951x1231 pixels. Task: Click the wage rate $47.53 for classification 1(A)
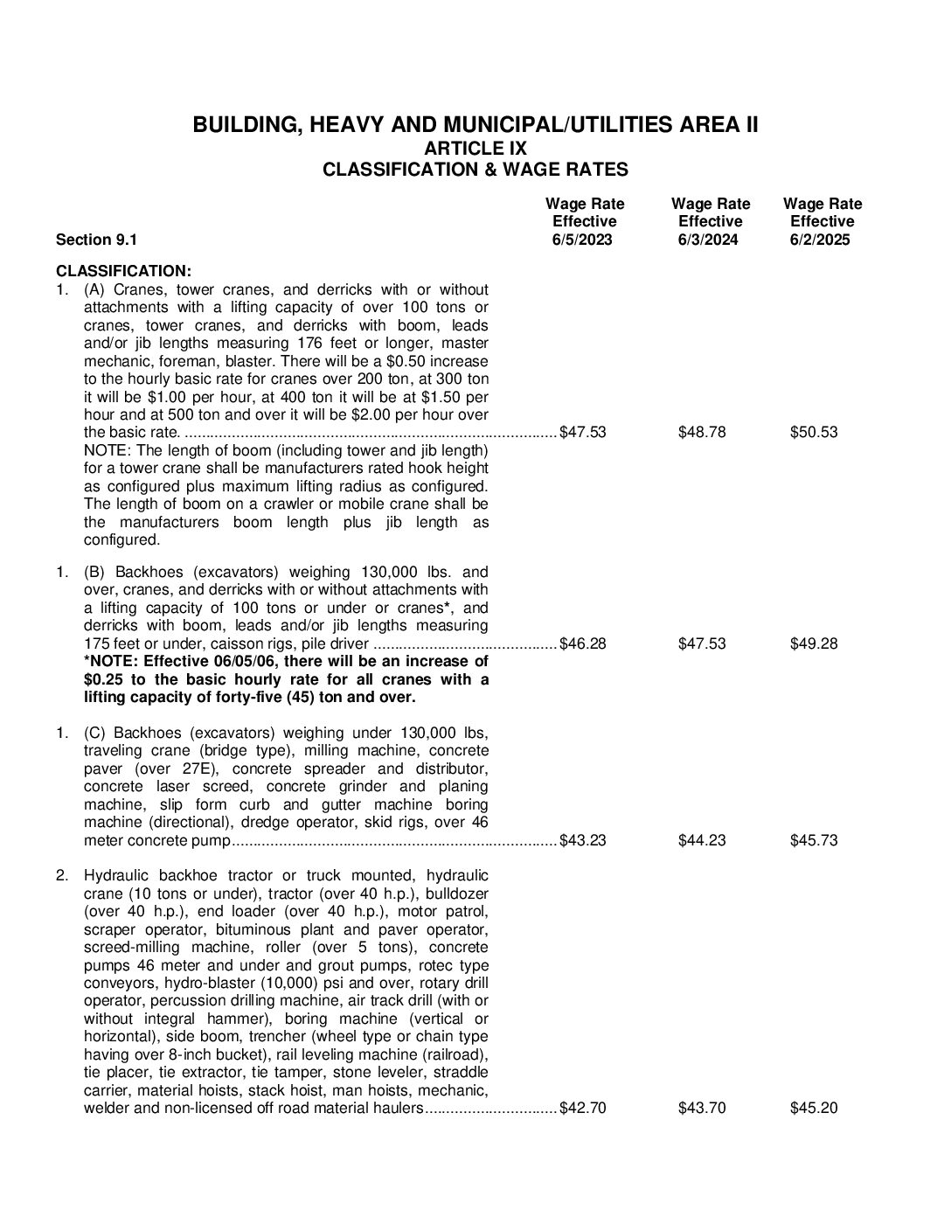coord(583,432)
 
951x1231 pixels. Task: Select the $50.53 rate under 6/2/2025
coord(814,432)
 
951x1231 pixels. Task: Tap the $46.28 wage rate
coord(583,643)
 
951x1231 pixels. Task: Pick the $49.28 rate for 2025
coord(814,643)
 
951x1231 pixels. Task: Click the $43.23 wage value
coord(583,840)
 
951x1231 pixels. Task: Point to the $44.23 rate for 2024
coord(702,840)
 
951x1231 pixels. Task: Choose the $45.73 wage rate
coord(814,840)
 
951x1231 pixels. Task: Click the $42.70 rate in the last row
coord(583,1108)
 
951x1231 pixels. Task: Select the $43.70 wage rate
coord(702,1108)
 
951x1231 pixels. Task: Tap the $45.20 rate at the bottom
coord(814,1108)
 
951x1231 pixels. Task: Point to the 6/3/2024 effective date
coord(708,240)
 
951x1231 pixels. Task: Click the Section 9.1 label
coord(96,240)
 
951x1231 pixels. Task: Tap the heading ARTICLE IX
coord(475,148)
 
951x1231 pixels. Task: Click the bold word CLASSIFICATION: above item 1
coord(123,271)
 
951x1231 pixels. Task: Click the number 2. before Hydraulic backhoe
coord(62,875)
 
